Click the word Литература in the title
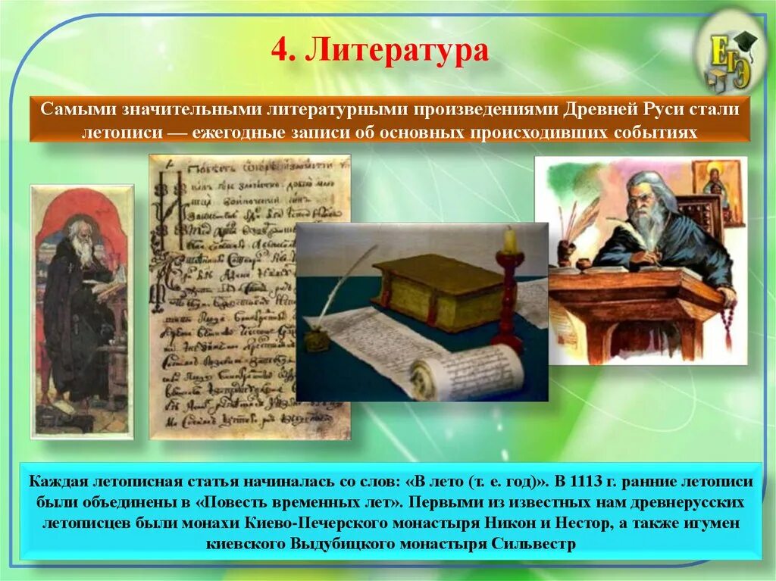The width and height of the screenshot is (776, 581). point(397,52)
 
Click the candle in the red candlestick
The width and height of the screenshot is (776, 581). point(510,241)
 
